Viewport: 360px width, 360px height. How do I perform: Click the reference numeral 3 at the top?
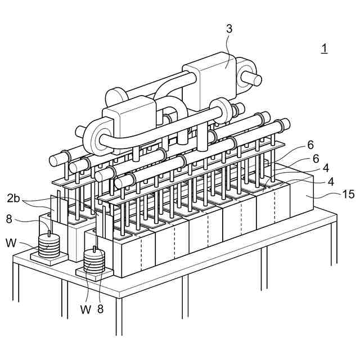click(x=229, y=29)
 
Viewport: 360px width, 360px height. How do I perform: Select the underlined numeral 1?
click(x=324, y=48)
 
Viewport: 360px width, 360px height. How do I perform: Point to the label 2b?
click(x=15, y=198)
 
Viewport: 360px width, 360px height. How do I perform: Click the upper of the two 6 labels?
click(x=310, y=145)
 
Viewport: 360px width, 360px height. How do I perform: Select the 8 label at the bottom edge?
click(x=101, y=308)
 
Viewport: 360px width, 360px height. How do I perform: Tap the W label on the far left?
click(x=11, y=243)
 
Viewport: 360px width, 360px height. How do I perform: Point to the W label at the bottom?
click(x=85, y=309)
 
